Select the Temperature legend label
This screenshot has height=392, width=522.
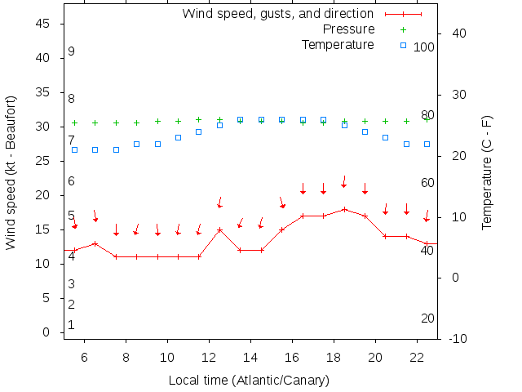pyautogui.click(x=338, y=44)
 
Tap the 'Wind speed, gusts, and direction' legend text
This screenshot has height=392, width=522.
pyautogui.click(x=277, y=14)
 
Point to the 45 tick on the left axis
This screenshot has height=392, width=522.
pyautogui.click(x=44, y=24)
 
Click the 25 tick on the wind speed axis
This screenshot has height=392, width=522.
pyautogui.click(x=44, y=161)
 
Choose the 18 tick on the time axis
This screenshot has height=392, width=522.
pyautogui.click(x=334, y=357)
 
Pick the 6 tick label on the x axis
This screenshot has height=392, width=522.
pyautogui.click(x=85, y=357)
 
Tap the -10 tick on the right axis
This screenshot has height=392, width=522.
pyautogui.click(x=458, y=338)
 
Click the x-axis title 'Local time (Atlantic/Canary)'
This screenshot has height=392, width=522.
pyautogui.click(x=248, y=381)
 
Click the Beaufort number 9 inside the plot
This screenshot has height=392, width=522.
pyautogui.click(x=72, y=51)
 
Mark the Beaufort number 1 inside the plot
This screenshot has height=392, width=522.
pyautogui.click(x=72, y=324)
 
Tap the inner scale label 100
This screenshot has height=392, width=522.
pyautogui.click(x=424, y=47)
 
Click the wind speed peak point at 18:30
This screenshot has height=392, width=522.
pyautogui.click(x=344, y=209)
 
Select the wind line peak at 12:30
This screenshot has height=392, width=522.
pyautogui.click(x=219, y=229)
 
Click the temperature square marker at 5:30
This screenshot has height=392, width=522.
pyautogui.click(x=74, y=149)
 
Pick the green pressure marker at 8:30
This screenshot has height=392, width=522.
pyautogui.click(x=137, y=122)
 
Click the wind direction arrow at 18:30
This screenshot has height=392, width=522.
pyautogui.click(x=344, y=181)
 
